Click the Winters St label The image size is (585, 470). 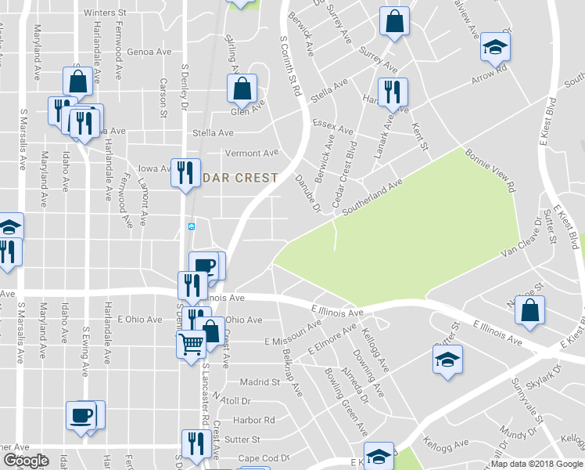pos(105,13)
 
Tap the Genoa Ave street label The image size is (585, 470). pos(149,52)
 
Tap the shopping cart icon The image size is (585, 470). pos(192,344)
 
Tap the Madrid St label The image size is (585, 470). pos(260,382)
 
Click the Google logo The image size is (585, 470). pos(25,461)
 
